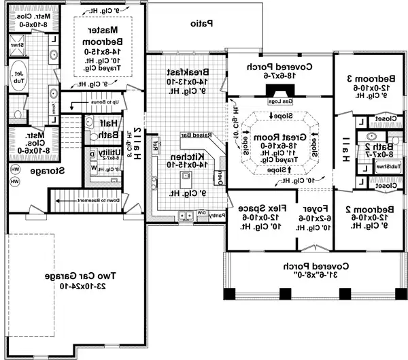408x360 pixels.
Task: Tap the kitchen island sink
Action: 184,176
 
